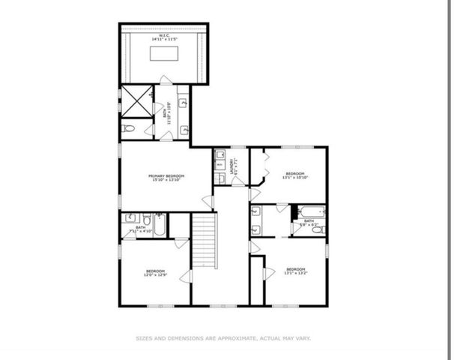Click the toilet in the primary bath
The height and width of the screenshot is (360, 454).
[129, 130]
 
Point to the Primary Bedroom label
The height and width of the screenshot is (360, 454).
[166, 177]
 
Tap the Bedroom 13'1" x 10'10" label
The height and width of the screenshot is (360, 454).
[295, 176]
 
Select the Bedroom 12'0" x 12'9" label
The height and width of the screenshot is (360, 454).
[155, 273]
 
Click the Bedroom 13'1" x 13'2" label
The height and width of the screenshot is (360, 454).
[296, 271]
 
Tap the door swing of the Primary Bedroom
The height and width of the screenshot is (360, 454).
[207, 200]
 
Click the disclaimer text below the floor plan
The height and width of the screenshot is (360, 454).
[223, 338]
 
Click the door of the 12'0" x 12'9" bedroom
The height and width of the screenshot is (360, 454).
[181, 243]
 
